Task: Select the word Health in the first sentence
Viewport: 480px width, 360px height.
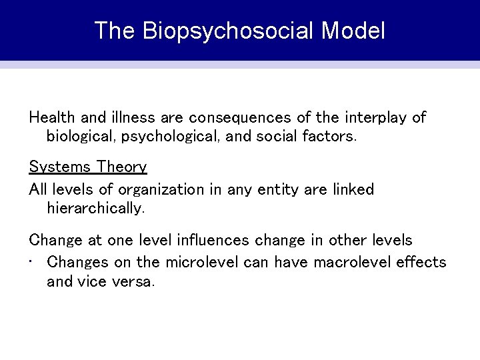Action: coord(52,117)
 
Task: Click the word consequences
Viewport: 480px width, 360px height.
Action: coord(240,118)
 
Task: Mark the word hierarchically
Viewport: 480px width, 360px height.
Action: coord(95,209)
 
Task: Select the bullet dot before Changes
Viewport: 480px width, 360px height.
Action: coord(32,262)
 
